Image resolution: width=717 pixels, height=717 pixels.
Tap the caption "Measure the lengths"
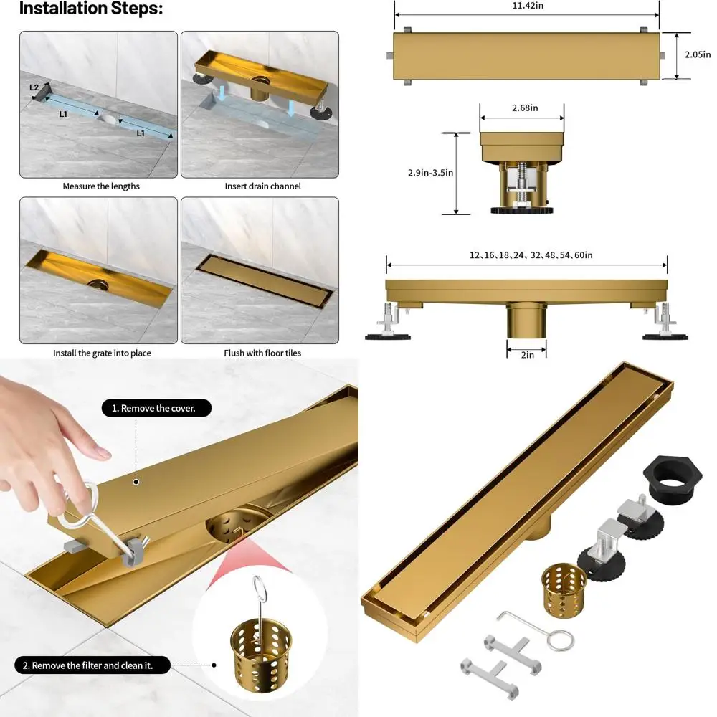(101, 186)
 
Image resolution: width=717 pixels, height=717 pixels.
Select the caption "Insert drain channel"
(263, 186)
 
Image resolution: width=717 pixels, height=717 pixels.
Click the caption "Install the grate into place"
(102, 353)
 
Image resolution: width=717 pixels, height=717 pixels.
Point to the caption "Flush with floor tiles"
(263, 353)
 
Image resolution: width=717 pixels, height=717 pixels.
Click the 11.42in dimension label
(527, 6)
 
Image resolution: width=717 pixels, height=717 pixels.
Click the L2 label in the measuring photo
(34, 87)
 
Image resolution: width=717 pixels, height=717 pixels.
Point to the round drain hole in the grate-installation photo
(99, 284)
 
